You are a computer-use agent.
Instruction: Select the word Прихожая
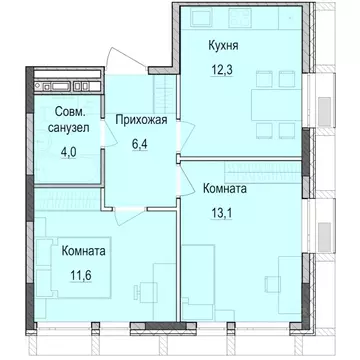coord(142,120)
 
